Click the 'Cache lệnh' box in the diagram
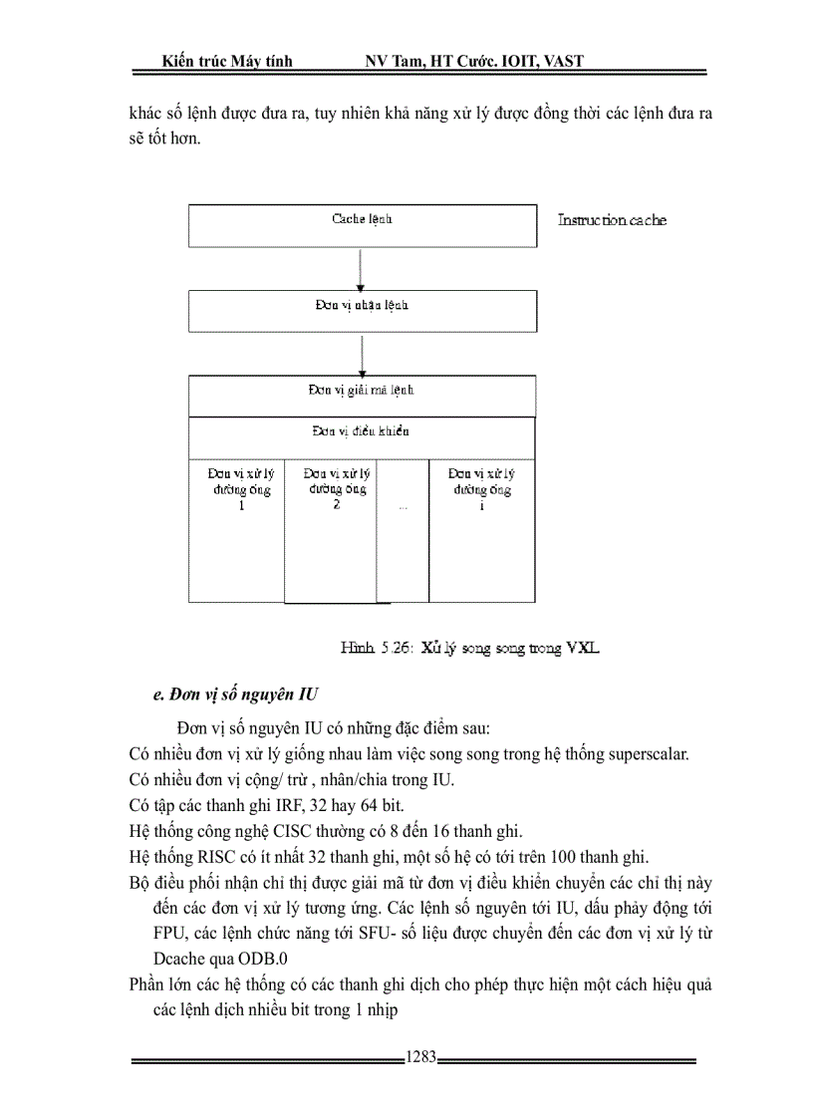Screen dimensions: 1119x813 (x=362, y=224)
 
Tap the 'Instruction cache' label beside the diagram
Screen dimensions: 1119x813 (x=612, y=220)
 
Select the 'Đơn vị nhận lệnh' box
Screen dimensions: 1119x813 (x=362, y=311)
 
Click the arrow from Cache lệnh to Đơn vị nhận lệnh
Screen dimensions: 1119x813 (x=362, y=267)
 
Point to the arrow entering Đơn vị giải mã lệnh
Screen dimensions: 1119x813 (x=362, y=354)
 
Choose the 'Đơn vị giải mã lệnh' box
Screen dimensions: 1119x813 (x=362, y=396)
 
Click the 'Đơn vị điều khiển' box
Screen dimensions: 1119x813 (x=362, y=438)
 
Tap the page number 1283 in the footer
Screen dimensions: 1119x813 (x=421, y=1059)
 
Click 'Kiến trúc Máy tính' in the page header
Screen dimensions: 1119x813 (x=227, y=61)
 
